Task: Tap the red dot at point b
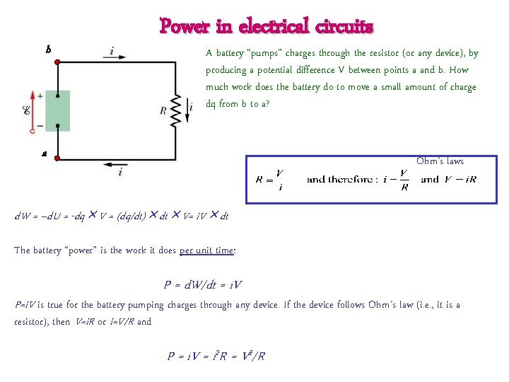coord(57,62)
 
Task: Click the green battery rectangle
coord(57,111)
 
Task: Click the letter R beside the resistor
coord(163,110)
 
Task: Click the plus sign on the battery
coord(40,95)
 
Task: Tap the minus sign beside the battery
coord(40,126)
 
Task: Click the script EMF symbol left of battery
coord(25,110)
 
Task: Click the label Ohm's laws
coord(440,161)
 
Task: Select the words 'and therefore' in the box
coord(340,179)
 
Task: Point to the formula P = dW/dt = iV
coord(203,285)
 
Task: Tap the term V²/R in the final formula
coord(250,356)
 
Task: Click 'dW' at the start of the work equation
coord(22,216)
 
